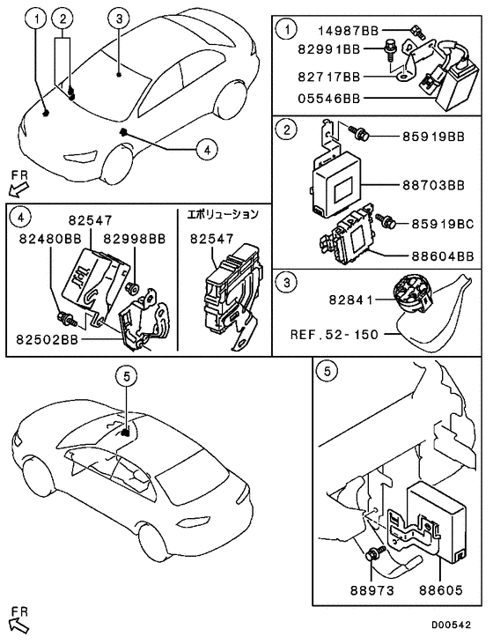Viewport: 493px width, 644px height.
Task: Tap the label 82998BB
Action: [135, 238]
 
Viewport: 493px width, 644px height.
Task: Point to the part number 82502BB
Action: [46, 340]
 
